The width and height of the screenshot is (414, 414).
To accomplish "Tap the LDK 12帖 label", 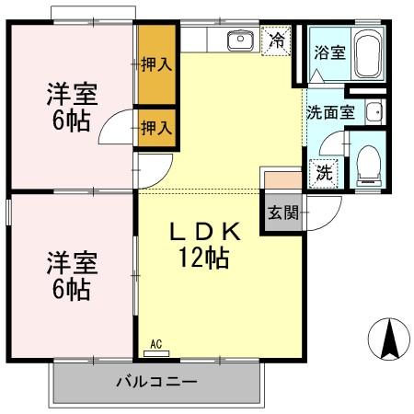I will click(x=207, y=246).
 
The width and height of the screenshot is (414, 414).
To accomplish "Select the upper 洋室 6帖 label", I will click(x=71, y=107).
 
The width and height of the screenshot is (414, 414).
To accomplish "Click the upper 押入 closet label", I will click(x=156, y=65).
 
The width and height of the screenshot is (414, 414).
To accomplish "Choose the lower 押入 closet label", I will click(x=156, y=128).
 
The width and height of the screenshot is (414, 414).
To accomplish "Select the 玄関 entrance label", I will click(x=283, y=213).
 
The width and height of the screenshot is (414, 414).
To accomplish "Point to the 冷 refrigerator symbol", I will click(x=277, y=40).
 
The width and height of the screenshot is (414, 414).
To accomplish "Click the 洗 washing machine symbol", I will click(x=324, y=171).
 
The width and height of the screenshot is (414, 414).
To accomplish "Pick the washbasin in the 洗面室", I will click(x=372, y=112).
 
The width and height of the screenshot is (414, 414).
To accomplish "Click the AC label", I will click(x=155, y=345).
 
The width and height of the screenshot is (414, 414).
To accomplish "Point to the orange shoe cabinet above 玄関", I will click(x=281, y=180).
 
